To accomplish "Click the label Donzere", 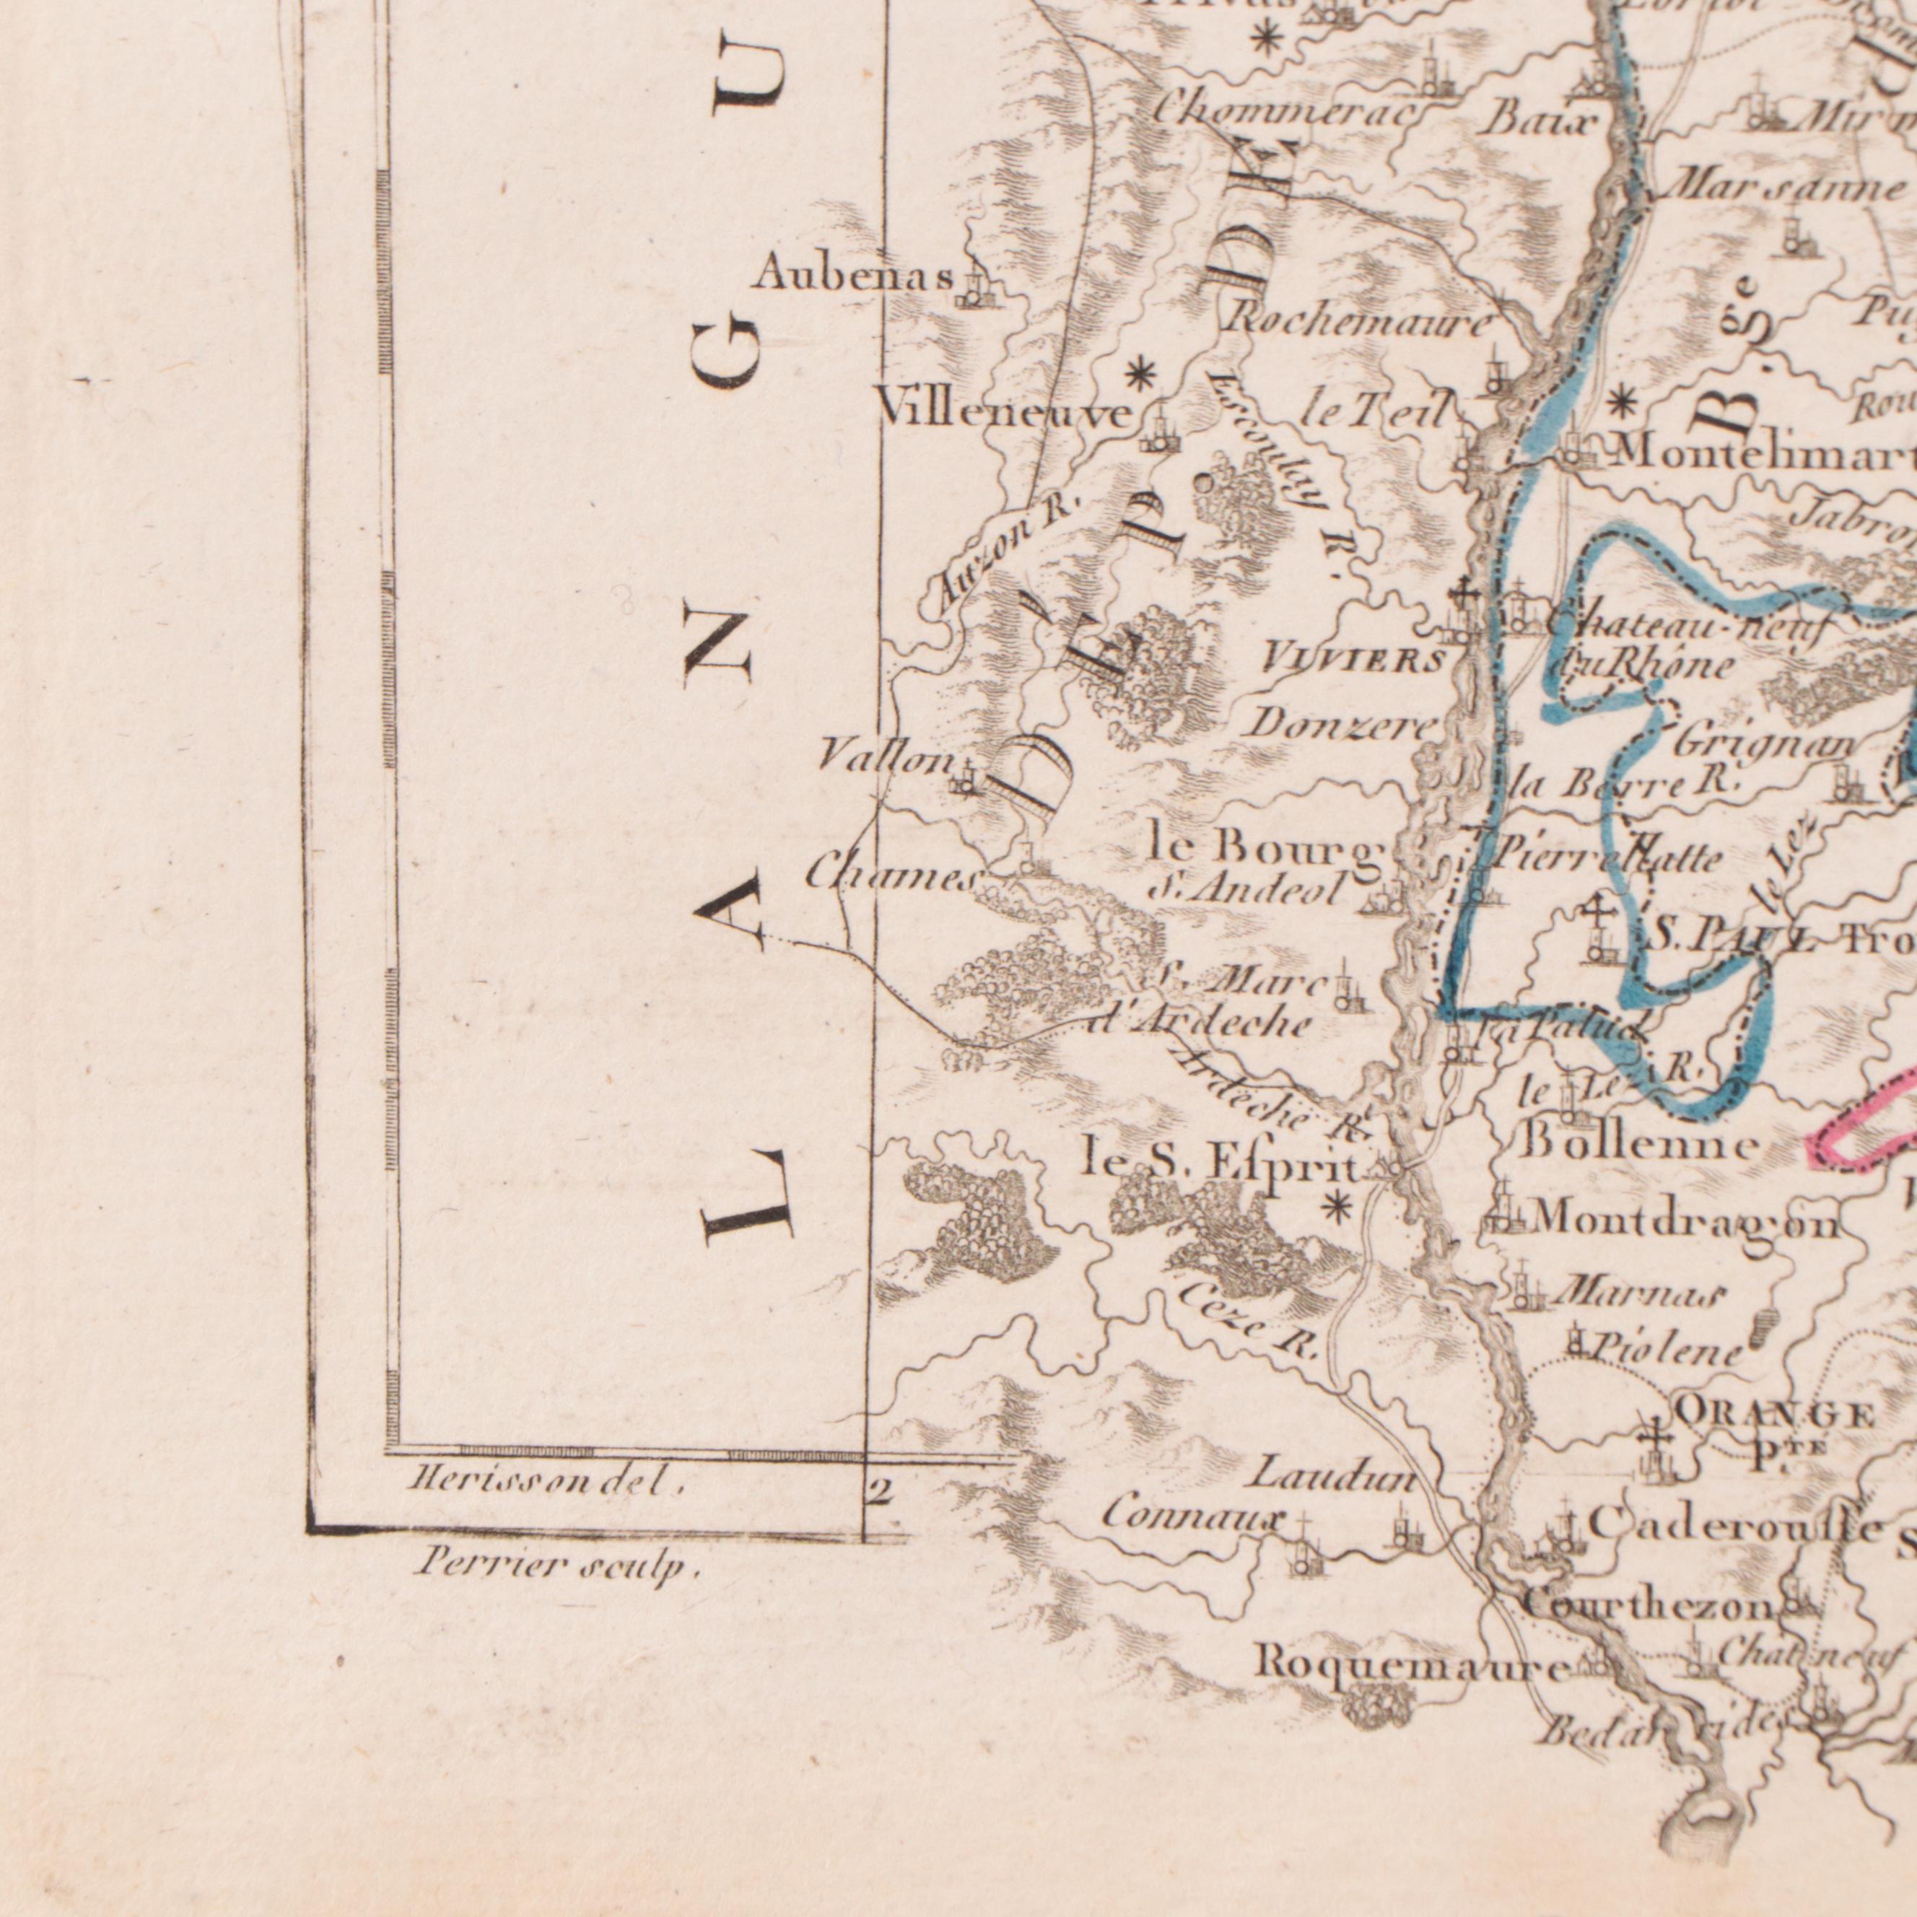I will point(1340,725).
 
